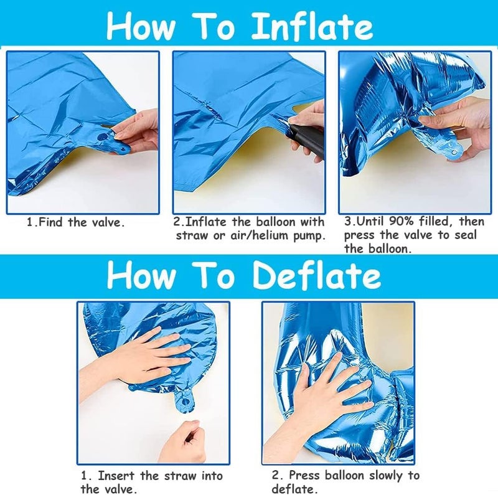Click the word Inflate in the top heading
pos(312,26)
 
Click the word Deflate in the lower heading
pos(317,275)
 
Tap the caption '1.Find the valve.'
pos(75,222)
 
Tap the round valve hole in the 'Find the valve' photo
pos(102,137)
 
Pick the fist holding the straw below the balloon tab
pos(182,441)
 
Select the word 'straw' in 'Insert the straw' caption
pos(180,476)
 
